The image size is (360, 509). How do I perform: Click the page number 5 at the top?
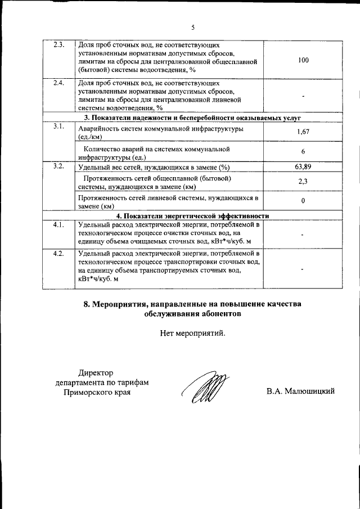[192, 27]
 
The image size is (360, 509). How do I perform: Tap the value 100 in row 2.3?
[303, 60]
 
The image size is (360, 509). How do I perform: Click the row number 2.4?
[58, 83]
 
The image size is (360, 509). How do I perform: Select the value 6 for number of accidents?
[303, 152]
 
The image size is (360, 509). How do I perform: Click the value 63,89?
[303, 166]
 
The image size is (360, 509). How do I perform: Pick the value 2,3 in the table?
[303, 182]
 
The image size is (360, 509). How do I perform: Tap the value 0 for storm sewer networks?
[303, 201]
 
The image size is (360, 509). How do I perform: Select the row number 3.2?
[58, 166]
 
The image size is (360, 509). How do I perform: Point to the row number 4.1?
[58, 225]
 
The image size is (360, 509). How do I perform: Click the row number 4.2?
[58, 254]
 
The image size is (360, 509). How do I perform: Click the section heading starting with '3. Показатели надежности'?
[193, 118]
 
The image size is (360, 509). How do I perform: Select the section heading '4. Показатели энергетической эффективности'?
[193, 216]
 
